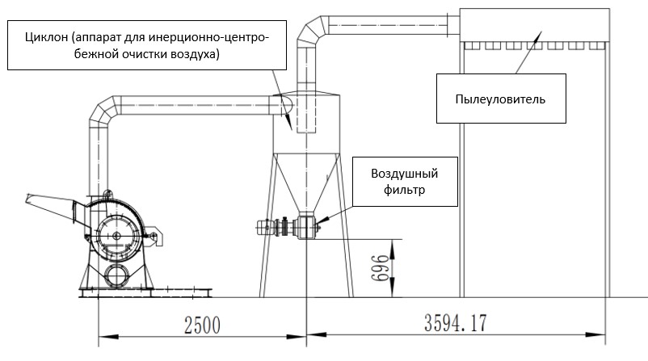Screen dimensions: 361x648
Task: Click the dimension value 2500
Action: [201, 327]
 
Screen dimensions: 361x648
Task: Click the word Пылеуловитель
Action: [500, 100]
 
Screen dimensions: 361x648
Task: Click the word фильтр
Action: [402, 192]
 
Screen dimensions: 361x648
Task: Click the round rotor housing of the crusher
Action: [119, 234]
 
